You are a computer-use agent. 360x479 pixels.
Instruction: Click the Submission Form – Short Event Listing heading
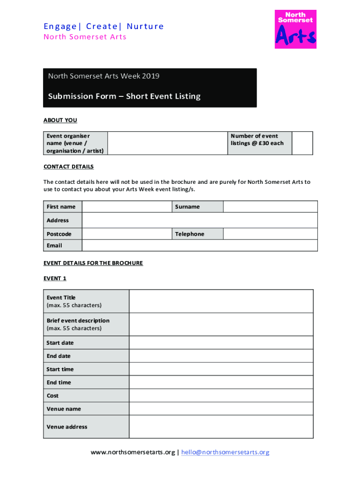[x=124, y=96]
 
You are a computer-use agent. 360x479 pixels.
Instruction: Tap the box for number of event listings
[x=303, y=143]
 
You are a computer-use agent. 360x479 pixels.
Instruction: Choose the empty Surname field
[x=270, y=207]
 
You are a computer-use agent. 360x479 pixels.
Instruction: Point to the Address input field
[x=200, y=220]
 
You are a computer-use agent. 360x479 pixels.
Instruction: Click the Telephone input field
[x=270, y=234]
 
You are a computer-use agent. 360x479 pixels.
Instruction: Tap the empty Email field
[x=200, y=246]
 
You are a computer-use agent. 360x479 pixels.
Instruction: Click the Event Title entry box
[x=221, y=301]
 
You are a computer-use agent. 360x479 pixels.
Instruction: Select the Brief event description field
[x=221, y=324]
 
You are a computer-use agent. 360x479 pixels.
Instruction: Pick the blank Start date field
[x=221, y=343]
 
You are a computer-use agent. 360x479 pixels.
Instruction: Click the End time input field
[x=221, y=382]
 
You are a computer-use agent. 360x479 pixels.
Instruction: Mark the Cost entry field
[x=221, y=396]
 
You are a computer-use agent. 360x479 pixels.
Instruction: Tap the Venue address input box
[x=221, y=427]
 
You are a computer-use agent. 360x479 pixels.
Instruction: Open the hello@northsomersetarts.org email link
[x=225, y=452]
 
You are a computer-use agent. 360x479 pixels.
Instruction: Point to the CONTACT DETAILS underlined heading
[x=69, y=167]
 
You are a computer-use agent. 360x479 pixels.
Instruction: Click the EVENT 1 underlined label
[x=55, y=278]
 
